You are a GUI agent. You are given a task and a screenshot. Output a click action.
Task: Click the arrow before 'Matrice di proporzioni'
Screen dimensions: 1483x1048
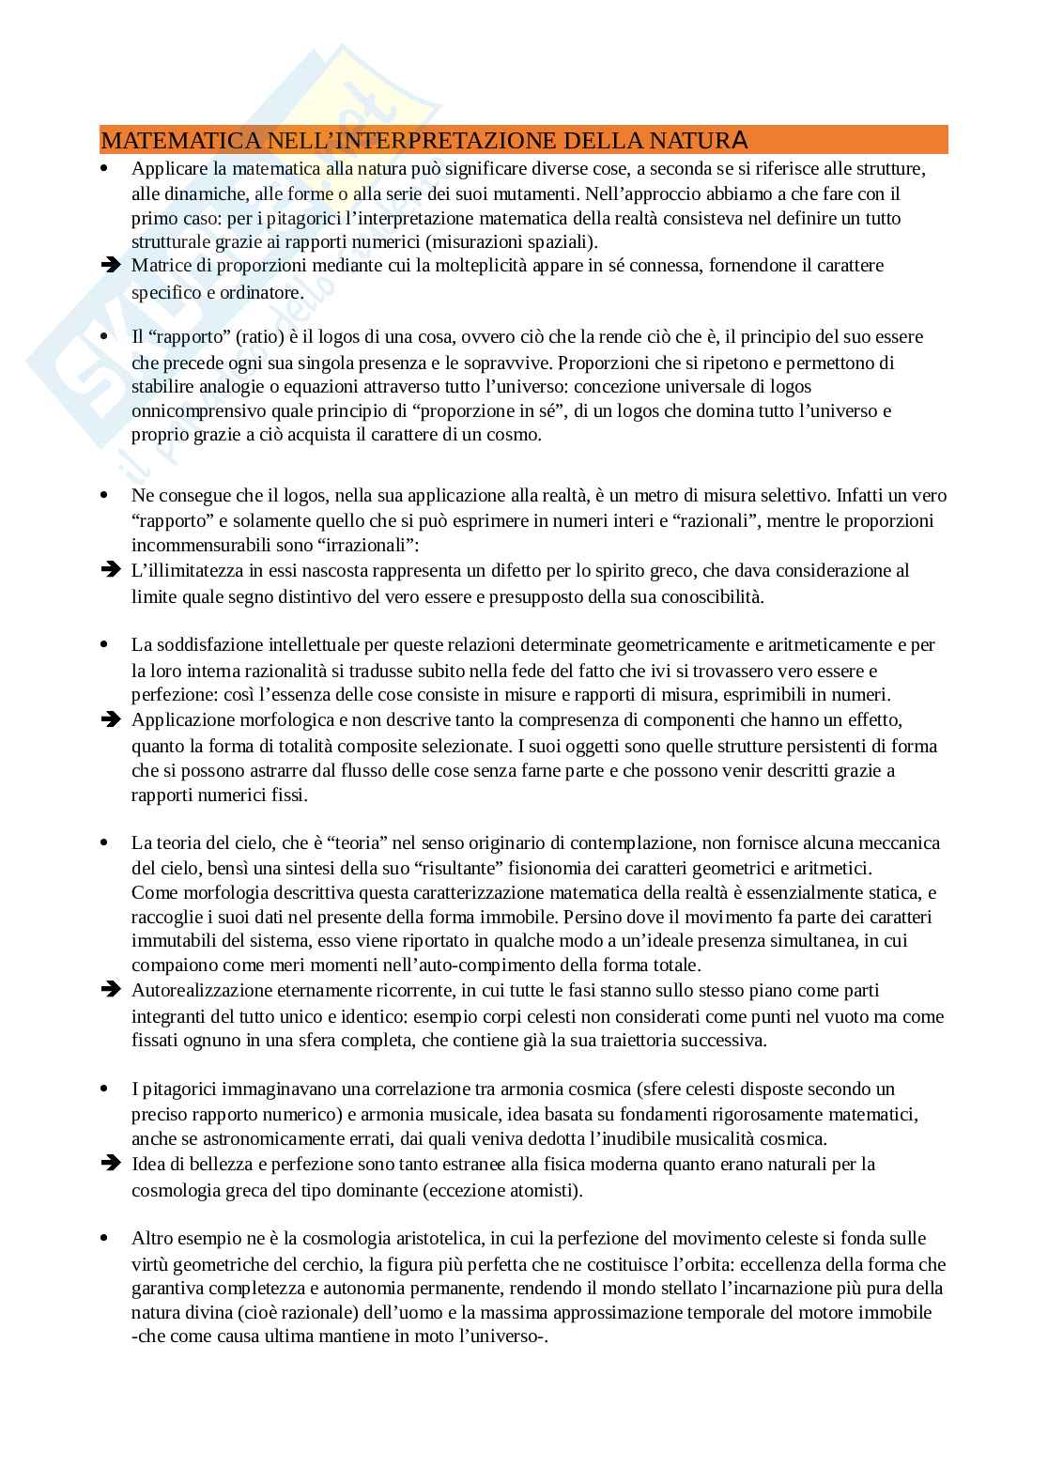[111, 265]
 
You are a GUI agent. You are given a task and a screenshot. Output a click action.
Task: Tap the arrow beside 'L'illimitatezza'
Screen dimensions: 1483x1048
[111, 569]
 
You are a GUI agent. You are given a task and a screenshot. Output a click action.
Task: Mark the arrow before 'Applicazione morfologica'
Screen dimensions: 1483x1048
[111, 719]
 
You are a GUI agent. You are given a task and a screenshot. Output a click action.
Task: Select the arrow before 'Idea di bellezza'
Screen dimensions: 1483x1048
[111, 1163]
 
